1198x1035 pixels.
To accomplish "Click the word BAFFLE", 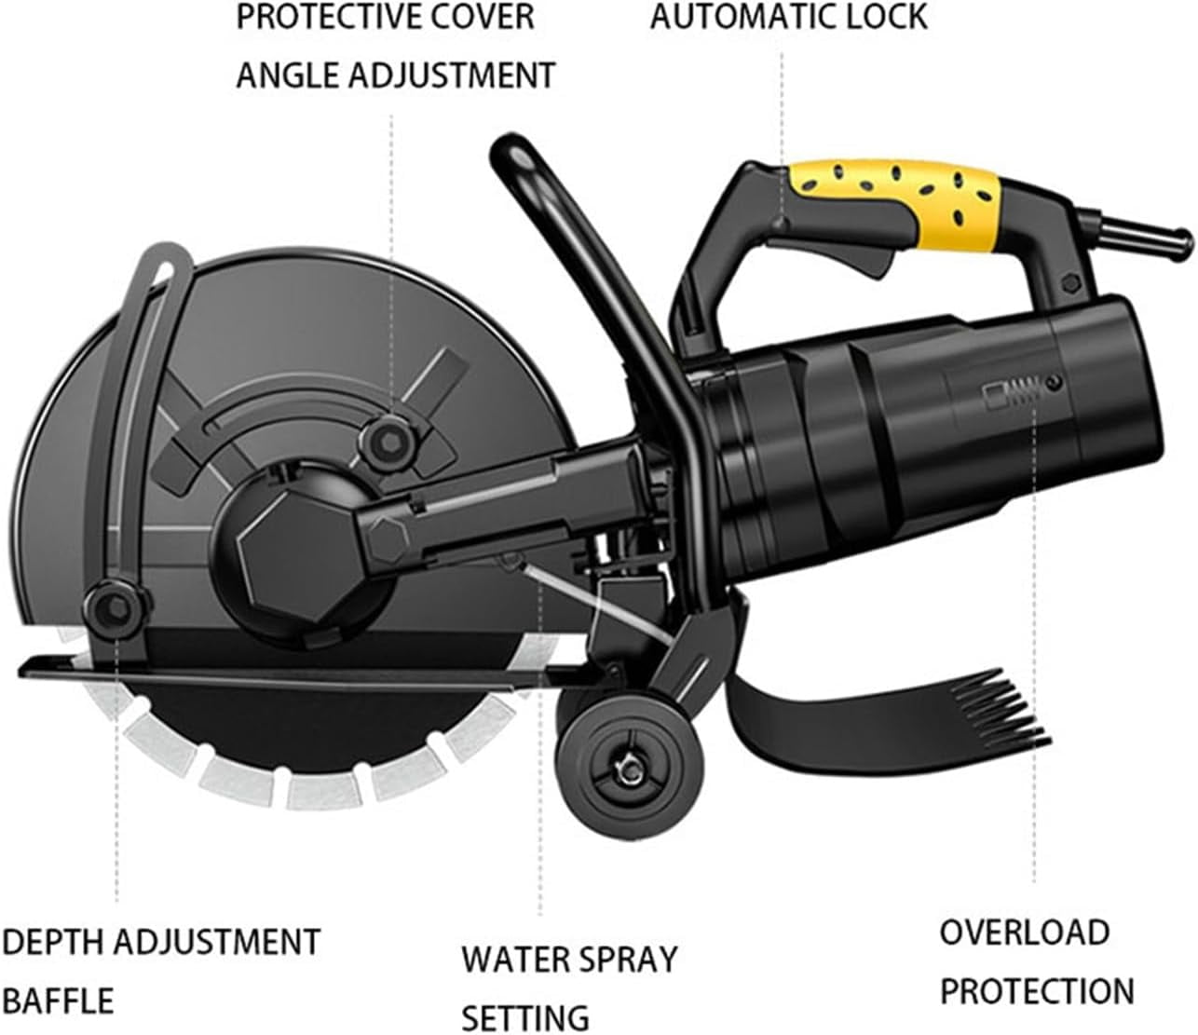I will click(x=58, y=1001).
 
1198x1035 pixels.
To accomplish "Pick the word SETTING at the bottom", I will click(x=526, y=1016).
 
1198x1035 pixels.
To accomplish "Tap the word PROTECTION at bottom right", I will click(x=1037, y=990).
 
